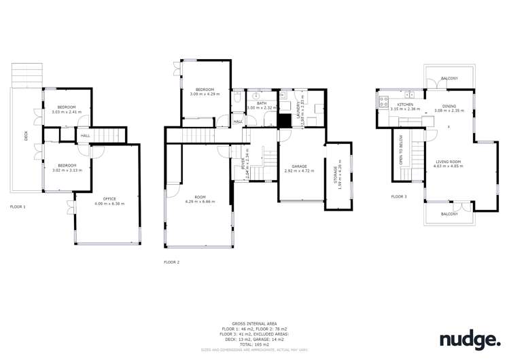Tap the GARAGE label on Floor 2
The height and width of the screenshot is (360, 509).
tap(300, 166)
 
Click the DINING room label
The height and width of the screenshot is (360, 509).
tap(449, 106)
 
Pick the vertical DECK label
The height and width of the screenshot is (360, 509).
tap(27, 135)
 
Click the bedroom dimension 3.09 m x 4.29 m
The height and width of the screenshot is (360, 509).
tap(205, 94)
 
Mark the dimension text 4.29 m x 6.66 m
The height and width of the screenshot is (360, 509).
tap(200, 202)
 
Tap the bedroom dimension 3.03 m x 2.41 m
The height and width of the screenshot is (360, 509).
tap(67, 111)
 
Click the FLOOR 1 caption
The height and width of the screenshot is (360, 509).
tap(18, 206)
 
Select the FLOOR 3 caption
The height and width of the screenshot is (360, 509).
tap(399, 196)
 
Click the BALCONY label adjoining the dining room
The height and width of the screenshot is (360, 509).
tap(449, 78)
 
